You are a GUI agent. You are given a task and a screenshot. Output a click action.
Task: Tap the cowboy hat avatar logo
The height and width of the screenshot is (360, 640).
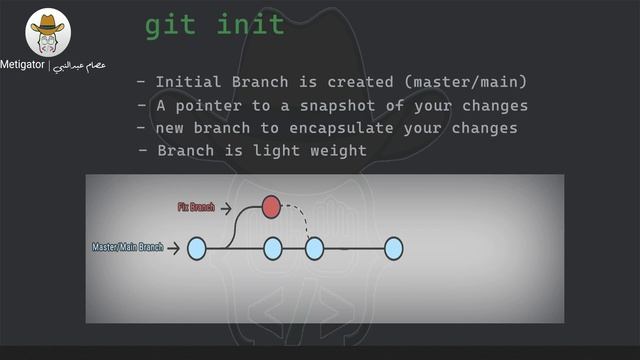48,33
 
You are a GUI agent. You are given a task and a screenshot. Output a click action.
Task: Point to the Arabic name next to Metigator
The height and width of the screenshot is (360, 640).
85,65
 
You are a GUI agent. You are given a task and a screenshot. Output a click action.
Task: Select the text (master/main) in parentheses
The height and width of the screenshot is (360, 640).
469,82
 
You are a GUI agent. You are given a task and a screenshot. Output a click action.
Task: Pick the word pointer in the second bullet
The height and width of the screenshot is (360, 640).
213,105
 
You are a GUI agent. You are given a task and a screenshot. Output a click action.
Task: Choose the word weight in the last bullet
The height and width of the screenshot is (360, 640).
340,151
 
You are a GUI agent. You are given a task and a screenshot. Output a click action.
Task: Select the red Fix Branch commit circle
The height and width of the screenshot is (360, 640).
270,207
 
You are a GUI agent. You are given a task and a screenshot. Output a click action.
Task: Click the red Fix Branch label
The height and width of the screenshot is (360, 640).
196,208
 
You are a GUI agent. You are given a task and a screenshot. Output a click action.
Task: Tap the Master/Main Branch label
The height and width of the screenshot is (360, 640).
127,247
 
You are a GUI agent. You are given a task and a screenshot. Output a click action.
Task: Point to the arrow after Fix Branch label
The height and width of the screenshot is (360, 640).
227,208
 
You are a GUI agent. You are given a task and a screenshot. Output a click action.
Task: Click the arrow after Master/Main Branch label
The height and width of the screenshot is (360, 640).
174,247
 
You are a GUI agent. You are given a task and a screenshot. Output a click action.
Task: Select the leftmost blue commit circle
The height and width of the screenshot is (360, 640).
196,247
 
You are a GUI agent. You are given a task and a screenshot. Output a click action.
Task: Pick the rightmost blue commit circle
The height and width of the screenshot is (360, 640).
393,247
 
